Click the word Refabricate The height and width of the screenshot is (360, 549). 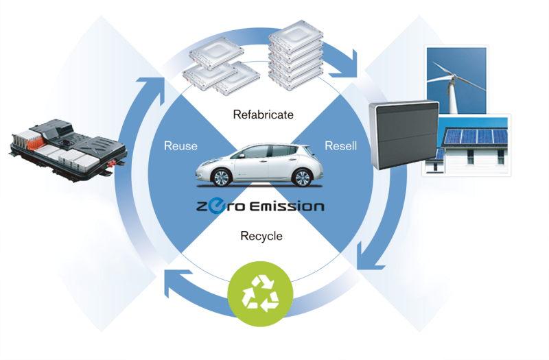point(263,115)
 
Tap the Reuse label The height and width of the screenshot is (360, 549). point(180,146)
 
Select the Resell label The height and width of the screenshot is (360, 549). point(340,146)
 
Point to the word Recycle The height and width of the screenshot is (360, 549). point(261,237)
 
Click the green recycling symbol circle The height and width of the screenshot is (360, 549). point(260,294)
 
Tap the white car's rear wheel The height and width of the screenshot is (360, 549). point(301,178)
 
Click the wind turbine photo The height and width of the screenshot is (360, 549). point(455,79)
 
